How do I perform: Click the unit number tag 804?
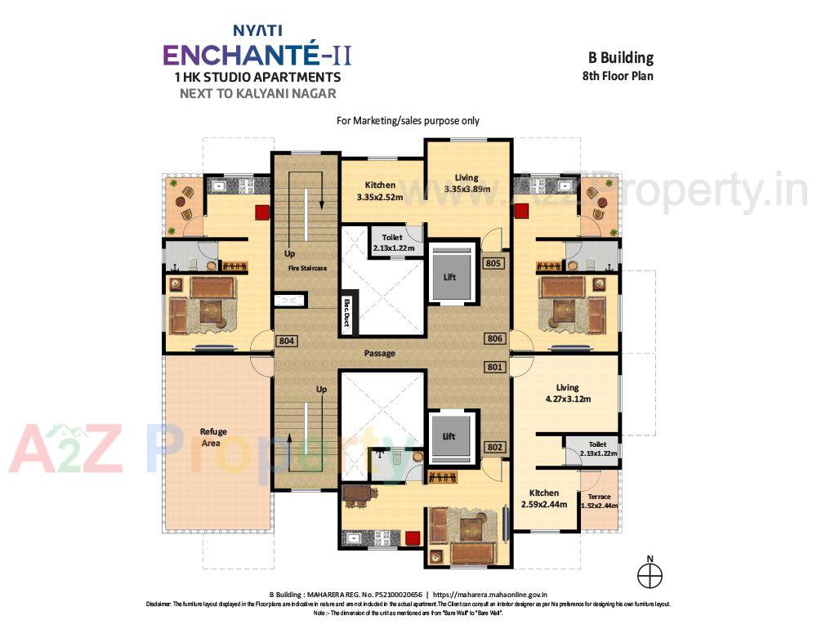[285, 341]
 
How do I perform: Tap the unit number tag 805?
[493, 264]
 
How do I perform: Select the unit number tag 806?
[493, 338]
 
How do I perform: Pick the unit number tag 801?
[493, 367]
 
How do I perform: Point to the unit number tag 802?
[493, 447]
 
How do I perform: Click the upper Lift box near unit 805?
[449, 277]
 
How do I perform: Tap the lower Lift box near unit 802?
[449, 436]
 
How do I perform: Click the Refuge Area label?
[213, 437]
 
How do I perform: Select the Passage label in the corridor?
[380, 353]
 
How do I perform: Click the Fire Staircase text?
[306, 267]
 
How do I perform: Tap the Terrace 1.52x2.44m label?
[599, 501]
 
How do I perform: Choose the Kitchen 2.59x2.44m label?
[543, 498]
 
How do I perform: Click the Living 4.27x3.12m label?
[567, 393]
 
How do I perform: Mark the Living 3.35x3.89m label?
[467, 183]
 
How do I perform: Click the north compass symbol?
[650, 574]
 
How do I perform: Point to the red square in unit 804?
[262, 212]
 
